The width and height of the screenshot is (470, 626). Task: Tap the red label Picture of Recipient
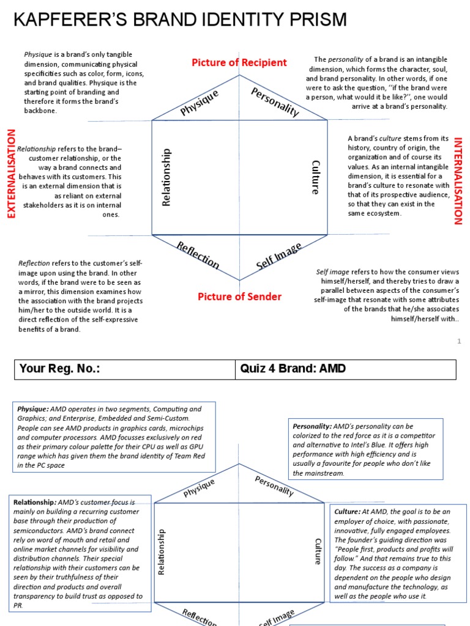pyautogui.click(x=239, y=62)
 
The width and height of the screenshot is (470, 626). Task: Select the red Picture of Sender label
pyautogui.click(x=239, y=297)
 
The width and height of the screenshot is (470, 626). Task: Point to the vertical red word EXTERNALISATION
pyautogui.click(x=10, y=173)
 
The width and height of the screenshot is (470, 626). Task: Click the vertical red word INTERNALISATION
pyautogui.click(x=458, y=181)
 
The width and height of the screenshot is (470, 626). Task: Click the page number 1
pyautogui.click(x=458, y=342)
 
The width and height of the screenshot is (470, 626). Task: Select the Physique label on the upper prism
pyautogui.click(x=200, y=102)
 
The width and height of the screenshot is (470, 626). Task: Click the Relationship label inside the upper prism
pyautogui.click(x=166, y=177)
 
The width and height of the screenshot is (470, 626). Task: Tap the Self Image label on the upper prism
pyautogui.click(x=279, y=256)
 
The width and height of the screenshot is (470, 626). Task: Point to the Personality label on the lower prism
pyautogui.click(x=274, y=486)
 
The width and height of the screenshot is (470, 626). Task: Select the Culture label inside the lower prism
pyautogui.click(x=317, y=551)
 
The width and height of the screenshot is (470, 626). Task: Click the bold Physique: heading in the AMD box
pyautogui.click(x=33, y=409)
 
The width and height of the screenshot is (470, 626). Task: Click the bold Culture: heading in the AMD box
pyautogui.click(x=347, y=511)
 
